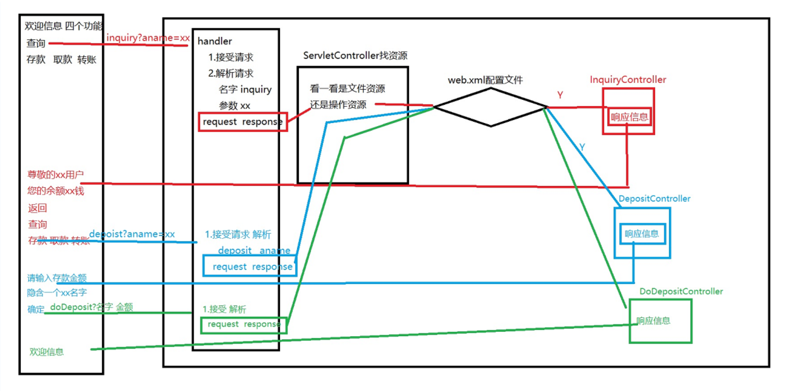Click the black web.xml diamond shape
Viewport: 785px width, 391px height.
pos(490,107)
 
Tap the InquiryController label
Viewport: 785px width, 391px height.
pos(628,80)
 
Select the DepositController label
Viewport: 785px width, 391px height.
pos(654,199)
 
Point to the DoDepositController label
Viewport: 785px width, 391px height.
pos(681,291)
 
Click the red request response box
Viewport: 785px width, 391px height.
pos(243,122)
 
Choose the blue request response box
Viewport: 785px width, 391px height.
pos(250,267)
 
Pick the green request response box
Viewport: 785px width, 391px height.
pos(243,325)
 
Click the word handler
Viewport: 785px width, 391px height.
pos(214,41)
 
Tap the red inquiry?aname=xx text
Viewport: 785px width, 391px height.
pos(148,38)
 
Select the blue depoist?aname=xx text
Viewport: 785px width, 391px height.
pos(132,234)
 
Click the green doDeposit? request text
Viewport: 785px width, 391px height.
pos(91,307)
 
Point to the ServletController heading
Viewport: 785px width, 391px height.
pos(355,55)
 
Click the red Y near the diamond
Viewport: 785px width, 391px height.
pos(560,95)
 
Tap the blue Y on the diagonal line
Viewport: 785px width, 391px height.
pos(582,147)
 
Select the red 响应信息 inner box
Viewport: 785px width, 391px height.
pos(629,117)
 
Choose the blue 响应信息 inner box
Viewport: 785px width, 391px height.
pos(642,234)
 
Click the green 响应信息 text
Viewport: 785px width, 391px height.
pos(653,321)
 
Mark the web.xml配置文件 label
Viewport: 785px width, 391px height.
pos(485,80)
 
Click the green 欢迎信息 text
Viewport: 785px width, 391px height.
pos(47,352)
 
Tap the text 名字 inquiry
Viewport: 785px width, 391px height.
pos(245,89)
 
